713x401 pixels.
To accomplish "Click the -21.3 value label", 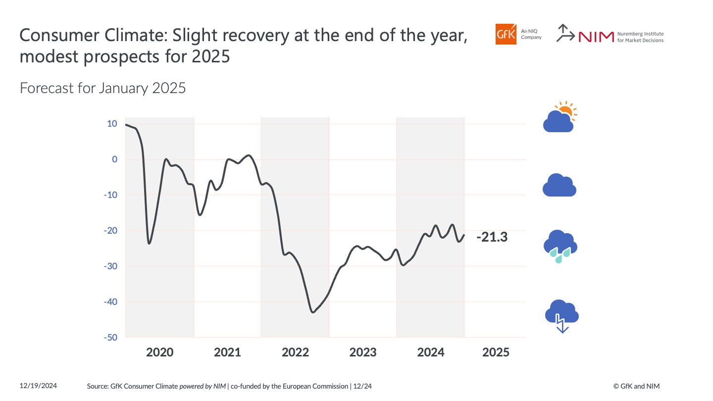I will [492, 238].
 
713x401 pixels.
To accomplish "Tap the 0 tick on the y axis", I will [114, 159].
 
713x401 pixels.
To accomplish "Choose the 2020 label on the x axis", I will [160, 352].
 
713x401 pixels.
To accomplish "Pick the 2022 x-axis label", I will [295, 352].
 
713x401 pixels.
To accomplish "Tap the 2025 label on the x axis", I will [496, 352].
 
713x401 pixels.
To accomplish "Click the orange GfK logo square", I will [505, 34].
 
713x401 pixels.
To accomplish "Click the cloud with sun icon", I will [560, 117].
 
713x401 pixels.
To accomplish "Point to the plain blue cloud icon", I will [560, 186].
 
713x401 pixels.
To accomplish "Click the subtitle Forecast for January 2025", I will [102, 89].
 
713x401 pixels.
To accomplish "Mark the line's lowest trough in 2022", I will [312, 312].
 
